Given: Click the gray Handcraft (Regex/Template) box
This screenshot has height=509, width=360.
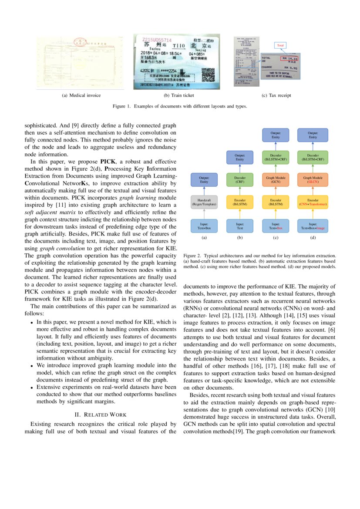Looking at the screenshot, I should point(204,202).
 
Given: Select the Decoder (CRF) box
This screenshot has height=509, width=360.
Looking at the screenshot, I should point(240,180).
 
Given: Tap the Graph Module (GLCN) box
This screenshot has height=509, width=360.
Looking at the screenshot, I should point(313,180).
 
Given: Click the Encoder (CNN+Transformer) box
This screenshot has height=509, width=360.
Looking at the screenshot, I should point(313,202).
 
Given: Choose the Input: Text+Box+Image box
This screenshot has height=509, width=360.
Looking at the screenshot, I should point(313,225).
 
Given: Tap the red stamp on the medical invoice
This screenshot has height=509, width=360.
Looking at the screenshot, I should point(80,43).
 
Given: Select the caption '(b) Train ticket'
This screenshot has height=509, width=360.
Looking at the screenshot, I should point(178,95).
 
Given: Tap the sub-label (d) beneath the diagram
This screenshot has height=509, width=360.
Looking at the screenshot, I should point(313,238).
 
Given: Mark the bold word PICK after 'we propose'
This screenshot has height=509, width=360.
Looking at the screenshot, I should point(108,161).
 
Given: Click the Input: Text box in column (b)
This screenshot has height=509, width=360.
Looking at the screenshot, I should point(240,225).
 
